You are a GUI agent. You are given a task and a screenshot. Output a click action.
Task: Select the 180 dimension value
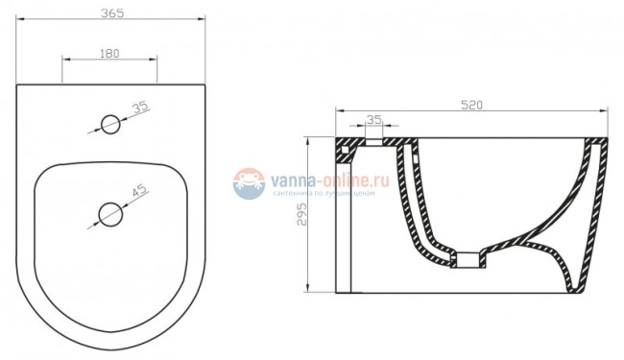pos(109,54)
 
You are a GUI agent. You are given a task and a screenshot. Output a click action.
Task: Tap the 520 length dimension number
pos(471,104)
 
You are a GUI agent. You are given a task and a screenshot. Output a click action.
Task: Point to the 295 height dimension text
pos(300,214)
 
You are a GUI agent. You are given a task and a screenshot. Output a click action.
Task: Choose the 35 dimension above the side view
pos(374,120)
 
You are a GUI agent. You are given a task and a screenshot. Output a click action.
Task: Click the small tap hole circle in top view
pos(110,123)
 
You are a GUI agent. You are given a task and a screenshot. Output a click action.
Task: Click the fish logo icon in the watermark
pos(249,183)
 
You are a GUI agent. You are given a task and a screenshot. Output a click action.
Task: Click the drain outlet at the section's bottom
pos(468,259)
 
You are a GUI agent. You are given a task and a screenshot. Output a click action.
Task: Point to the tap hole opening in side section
pos(374,140)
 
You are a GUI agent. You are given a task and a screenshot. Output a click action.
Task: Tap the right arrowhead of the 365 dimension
pos(204,22)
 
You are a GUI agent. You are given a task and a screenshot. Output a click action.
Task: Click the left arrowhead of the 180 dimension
pos(65,61)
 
